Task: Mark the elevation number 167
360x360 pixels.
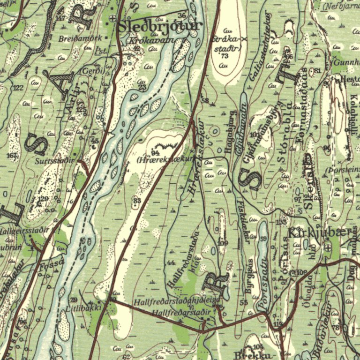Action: point(12,155)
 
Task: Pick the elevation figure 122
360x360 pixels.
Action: point(18,88)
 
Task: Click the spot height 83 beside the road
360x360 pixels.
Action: point(136,201)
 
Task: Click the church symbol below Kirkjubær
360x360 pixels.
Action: point(328,247)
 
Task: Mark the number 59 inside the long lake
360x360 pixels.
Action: point(263,239)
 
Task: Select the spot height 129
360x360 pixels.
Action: point(43,199)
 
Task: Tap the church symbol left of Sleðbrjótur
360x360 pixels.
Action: point(112,20)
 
